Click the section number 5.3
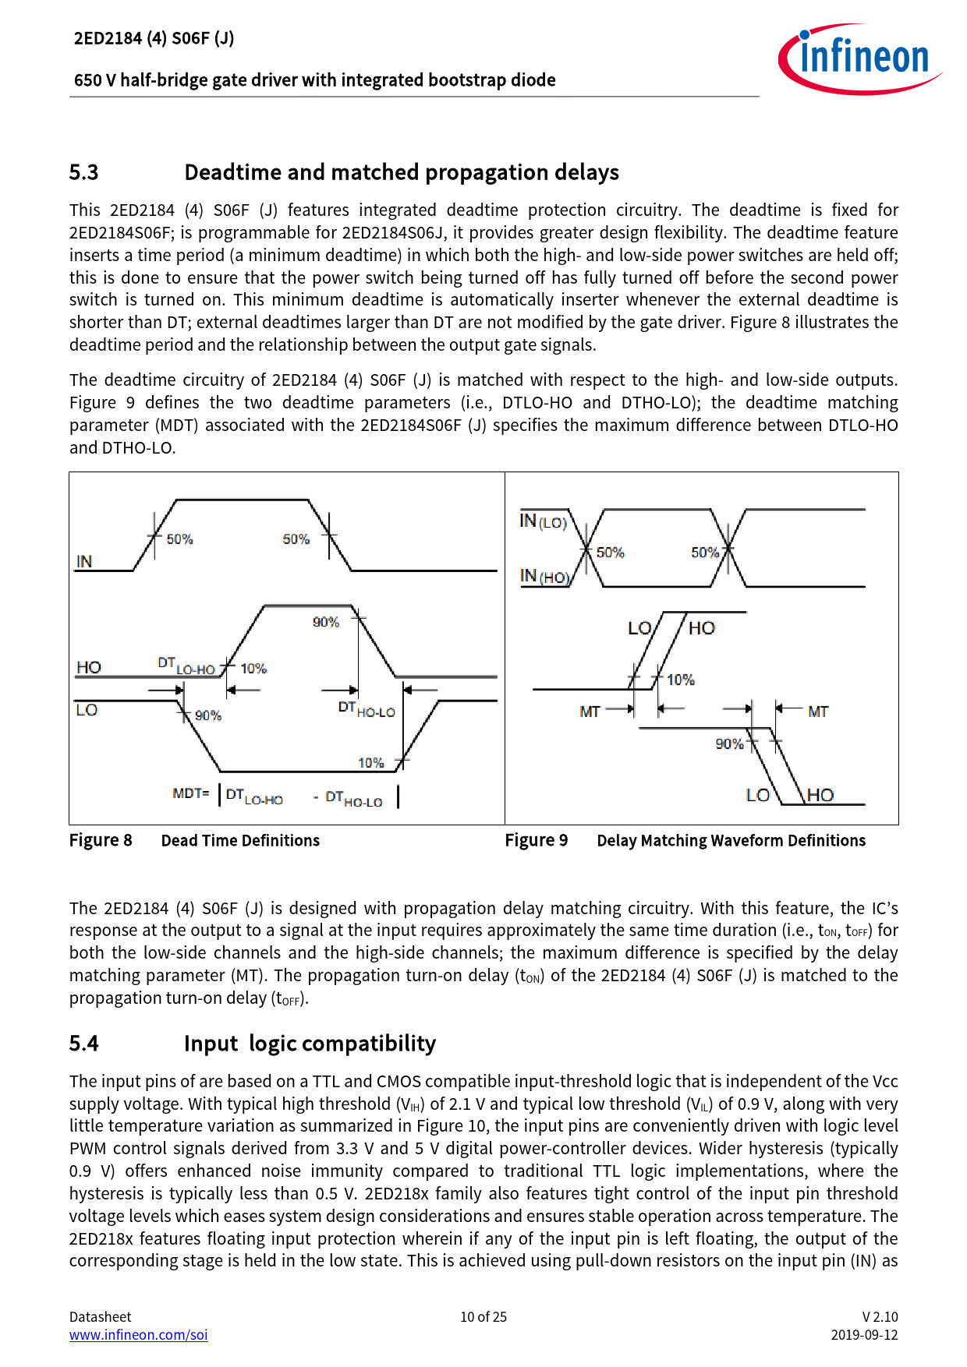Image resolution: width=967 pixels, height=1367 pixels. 83,172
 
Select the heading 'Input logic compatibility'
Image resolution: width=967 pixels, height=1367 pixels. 310,1044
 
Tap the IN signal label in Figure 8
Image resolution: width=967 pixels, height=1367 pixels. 84,561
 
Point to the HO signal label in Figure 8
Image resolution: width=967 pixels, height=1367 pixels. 89,667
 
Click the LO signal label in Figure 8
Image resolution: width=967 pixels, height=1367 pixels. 87,710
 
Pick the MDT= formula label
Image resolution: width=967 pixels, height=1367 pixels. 191,793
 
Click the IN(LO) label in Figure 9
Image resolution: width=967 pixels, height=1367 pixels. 543,521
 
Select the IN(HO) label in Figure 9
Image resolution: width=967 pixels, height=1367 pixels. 544,577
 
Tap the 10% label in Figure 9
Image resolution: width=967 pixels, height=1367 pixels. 680,680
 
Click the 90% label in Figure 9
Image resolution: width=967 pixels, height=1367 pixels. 729,744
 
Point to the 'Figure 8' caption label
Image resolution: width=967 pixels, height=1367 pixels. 101,840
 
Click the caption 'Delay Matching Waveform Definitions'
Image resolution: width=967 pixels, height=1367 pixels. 731,840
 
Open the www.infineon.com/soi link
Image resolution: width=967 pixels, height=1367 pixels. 138,1335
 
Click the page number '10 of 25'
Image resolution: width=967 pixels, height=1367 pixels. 483,1317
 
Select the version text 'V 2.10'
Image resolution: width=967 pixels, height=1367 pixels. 880,1317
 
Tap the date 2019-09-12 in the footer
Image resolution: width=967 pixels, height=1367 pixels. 864,1335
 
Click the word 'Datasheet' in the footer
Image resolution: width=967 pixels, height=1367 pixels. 100,1317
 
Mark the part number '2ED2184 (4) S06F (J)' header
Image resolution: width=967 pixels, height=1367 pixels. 154,38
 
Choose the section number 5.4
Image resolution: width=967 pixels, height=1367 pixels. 83,1044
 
